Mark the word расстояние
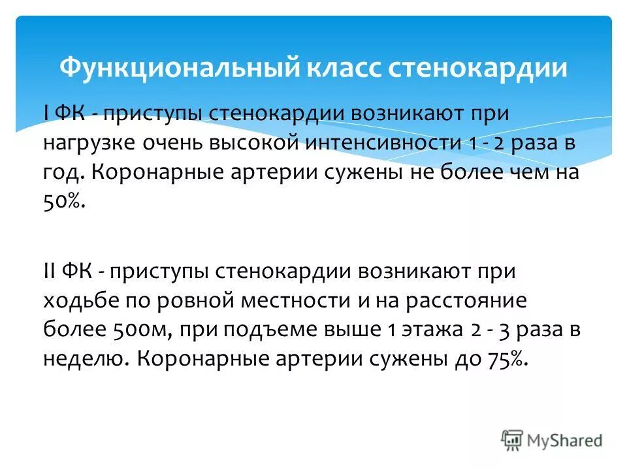click(x=488, y=302)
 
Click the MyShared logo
click(x=552, y=440)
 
